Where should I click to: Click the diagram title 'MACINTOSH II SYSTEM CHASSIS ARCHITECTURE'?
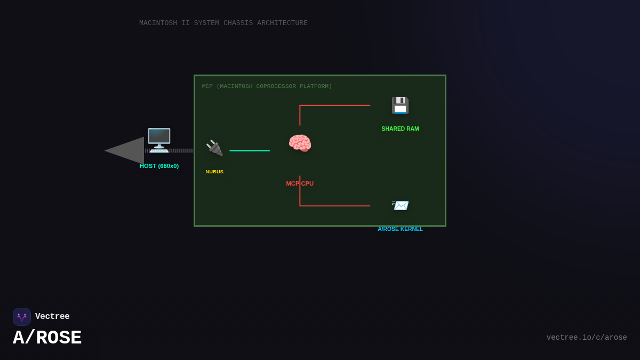(x=223, y=23)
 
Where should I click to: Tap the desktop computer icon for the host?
(x=159, y=140)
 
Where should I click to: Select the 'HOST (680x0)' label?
(x=159, y=166)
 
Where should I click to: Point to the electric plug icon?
(x=214, y=148)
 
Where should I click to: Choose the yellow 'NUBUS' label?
(x=214, y=172)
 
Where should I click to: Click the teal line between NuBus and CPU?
(x=250, y=150)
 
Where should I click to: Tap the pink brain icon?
(x=300, y=143)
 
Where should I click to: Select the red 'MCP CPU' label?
(x=300, y=183)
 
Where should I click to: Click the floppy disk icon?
(x=400, y=105)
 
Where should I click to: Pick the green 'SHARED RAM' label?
(x=400, y=129)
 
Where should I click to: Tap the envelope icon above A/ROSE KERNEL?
(x=400, y=205)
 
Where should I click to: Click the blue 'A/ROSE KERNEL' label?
(x=400, y=229)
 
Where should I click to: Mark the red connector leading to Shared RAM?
(x=334, y=106)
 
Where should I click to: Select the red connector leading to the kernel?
(x=334, y=206)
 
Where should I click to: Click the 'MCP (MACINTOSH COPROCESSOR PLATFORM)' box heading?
(x=267, y=86)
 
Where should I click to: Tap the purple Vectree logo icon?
(x=22, y=317)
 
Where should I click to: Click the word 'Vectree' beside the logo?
(x=52, y=317)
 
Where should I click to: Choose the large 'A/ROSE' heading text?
(x=47, y=338)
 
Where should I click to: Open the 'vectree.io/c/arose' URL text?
(x=586, y=338)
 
